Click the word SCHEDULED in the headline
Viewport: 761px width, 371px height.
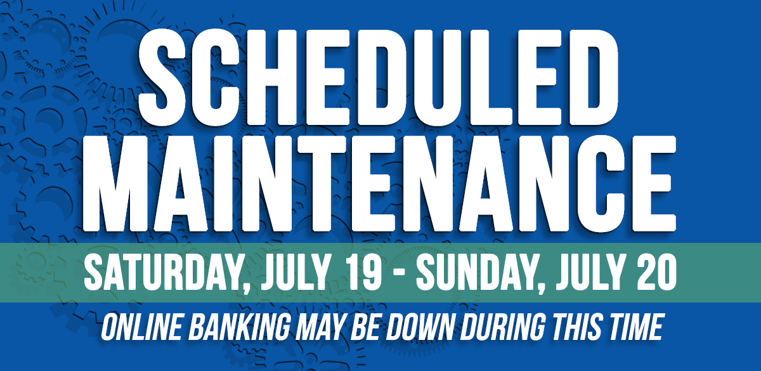pos(378,77)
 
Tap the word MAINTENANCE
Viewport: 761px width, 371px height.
pos(379,183)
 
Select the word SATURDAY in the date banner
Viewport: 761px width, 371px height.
pos(164,273)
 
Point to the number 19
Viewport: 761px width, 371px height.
pos(363,273)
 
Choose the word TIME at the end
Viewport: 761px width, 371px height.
pos(634,327)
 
